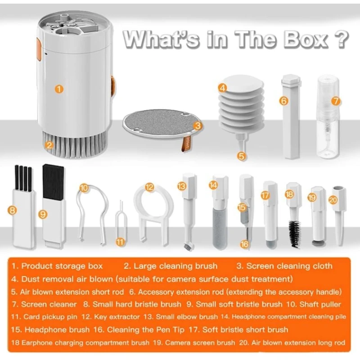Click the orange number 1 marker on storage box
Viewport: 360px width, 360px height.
(x=59, y=89)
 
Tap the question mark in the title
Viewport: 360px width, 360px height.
(x=342, y=40)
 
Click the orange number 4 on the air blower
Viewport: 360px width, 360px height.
(x=222, y=88)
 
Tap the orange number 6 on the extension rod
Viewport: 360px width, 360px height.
(x=283, y=101)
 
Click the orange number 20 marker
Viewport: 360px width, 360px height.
(x=333, y=200)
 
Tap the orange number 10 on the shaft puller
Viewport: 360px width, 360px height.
(x=84, y=188)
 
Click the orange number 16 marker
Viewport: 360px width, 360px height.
(x=244, y=244)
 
